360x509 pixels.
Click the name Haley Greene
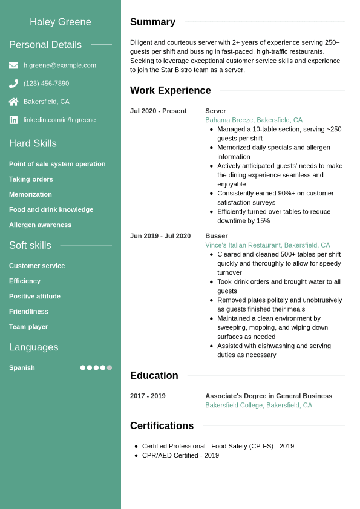tap(61, 22)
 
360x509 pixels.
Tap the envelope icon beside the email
tap(13, 65)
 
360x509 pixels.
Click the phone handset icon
tap(13, 84)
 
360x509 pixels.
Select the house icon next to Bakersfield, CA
tap(13, 102)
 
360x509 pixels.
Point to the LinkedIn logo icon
tap(13, 120)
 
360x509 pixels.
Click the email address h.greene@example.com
tap(59, 65)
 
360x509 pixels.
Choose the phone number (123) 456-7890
tap(46, 84)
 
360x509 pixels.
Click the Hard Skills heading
tap(33, 143)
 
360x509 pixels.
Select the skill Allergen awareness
tap(40, 225)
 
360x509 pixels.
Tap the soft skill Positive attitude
tap(34, 296)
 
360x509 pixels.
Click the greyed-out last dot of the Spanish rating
tap(110, 367)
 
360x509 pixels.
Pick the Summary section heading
tap(152, 22)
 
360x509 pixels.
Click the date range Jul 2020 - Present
tap(158, 111)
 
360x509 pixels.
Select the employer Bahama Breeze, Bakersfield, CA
tap(254, 120)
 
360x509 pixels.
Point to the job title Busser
tap(217, 236)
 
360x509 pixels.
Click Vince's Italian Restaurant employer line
tap(267, 245)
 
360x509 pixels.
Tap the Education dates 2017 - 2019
tap(148, 396)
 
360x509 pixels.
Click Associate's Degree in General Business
tap(269, 396)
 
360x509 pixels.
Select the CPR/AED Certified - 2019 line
tap(180, 455)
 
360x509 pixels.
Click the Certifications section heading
tap(162, 425)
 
